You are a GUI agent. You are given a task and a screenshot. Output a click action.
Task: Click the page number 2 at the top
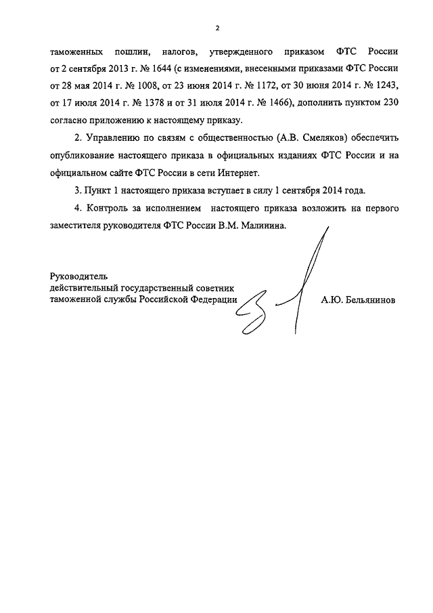point(216,28)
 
